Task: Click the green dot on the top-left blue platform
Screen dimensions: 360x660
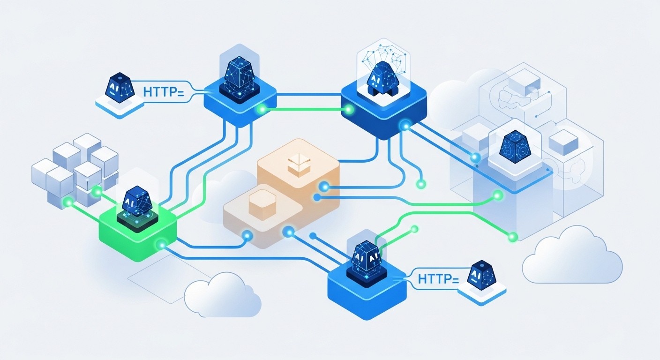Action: point(262,109)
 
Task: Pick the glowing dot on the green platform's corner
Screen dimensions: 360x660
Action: point(162,244)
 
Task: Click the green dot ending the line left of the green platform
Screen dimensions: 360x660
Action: point(67,202)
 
